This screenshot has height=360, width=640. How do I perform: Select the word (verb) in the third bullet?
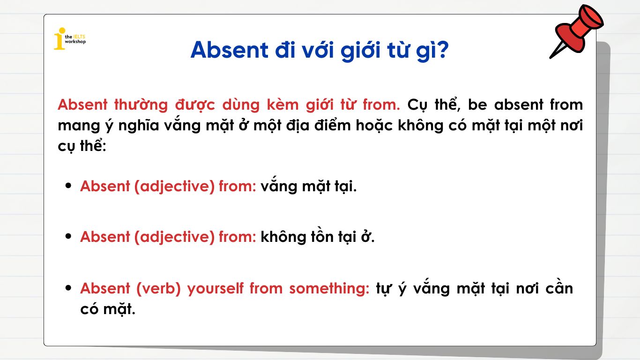pos(158,288)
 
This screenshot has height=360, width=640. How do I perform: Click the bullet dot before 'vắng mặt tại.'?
pos(69,186)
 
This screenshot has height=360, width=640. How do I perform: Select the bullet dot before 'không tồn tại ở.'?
pos(69,237)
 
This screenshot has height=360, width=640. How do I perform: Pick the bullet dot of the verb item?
pos(69,288)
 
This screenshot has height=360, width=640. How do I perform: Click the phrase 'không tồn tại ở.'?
pos(318,237)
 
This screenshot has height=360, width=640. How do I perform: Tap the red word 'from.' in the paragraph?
pos(381,105)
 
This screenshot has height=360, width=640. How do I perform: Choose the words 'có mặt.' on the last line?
pos(107,309)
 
